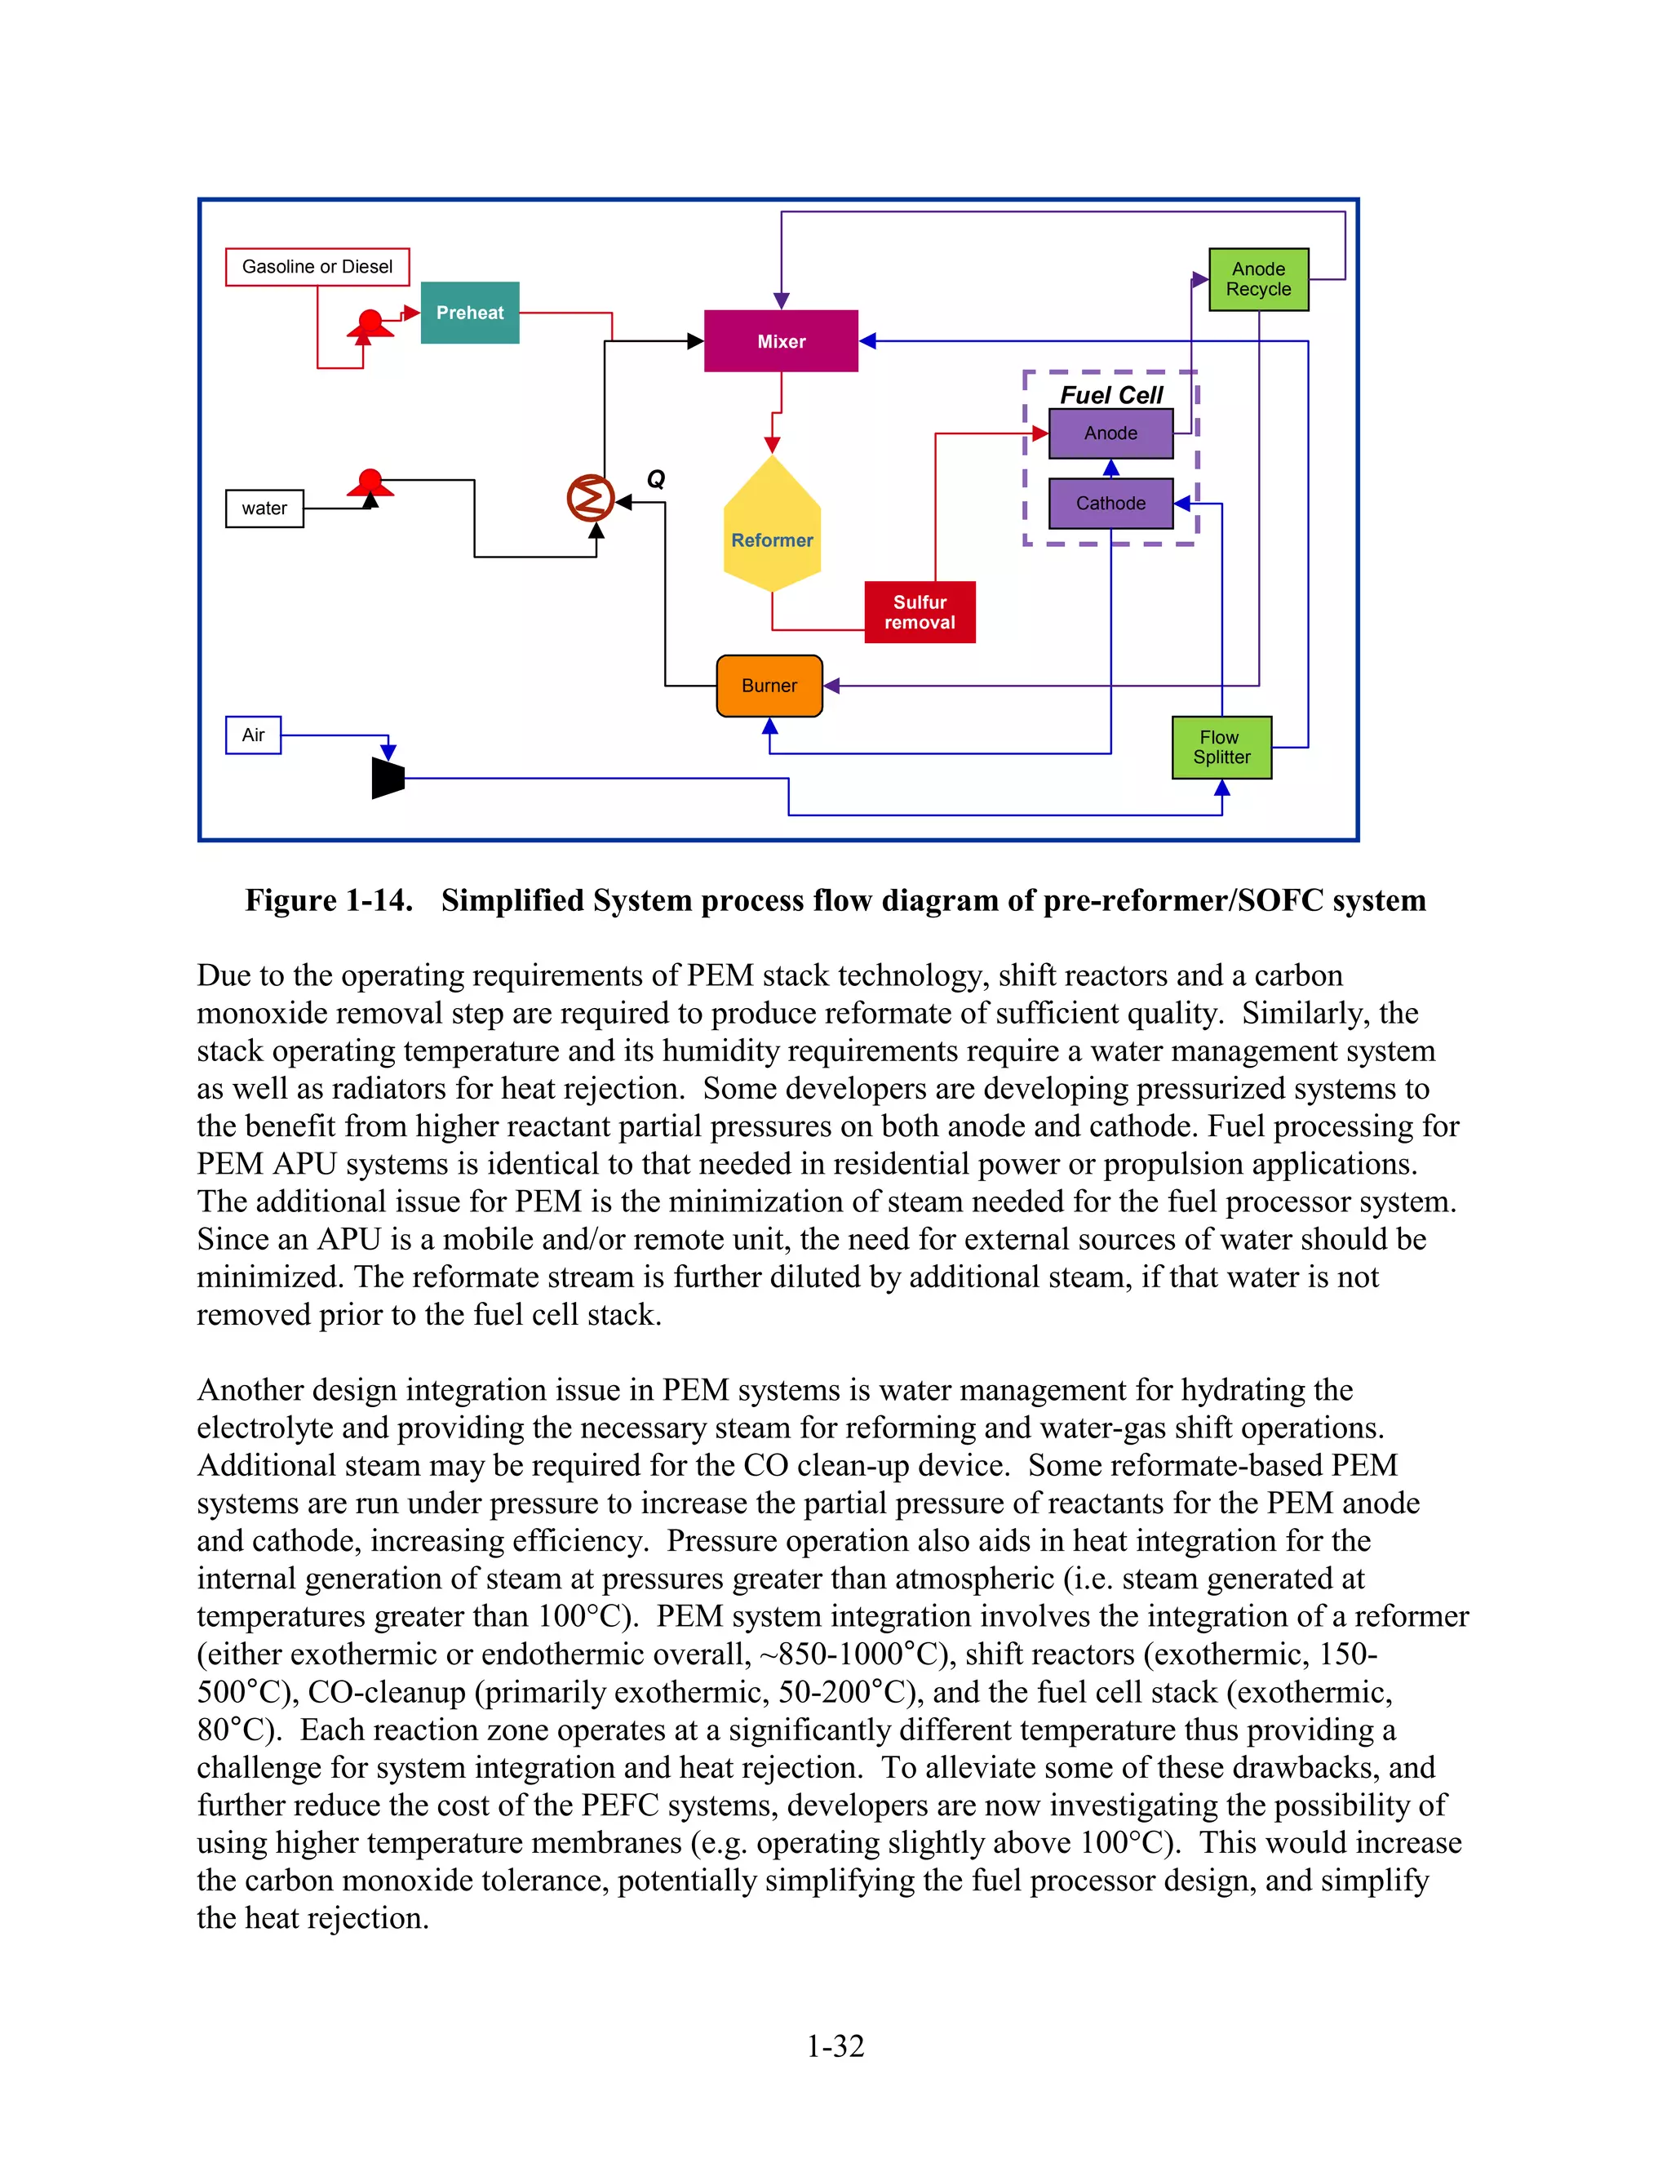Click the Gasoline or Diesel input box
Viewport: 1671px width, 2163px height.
coord(317,266)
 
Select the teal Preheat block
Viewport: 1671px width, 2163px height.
coord(469,313)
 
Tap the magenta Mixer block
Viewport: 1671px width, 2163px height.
coord(781,340)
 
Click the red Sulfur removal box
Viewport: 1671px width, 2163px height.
coord(920,612)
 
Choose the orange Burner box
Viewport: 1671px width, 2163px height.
coord(769,686)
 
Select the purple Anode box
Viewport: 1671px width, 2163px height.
coord(1110,433)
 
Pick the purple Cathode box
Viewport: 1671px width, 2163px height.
coord(1110,503)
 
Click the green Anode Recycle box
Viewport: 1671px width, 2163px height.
coord(1258,279)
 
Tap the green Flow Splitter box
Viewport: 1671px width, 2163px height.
coord(1221,748)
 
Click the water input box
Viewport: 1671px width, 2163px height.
coord(264,508)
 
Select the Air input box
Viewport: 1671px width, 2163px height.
coord(254,735)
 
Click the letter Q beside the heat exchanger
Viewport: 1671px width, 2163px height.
coord(655,479)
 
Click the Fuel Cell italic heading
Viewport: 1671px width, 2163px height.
coord(1110,395)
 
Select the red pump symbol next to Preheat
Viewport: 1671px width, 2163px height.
coord(370,325)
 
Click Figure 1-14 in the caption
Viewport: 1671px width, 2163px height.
coord(329,900)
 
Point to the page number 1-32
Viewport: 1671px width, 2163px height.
coord(835,2045)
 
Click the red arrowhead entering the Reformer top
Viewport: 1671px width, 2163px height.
coord(772,446)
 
